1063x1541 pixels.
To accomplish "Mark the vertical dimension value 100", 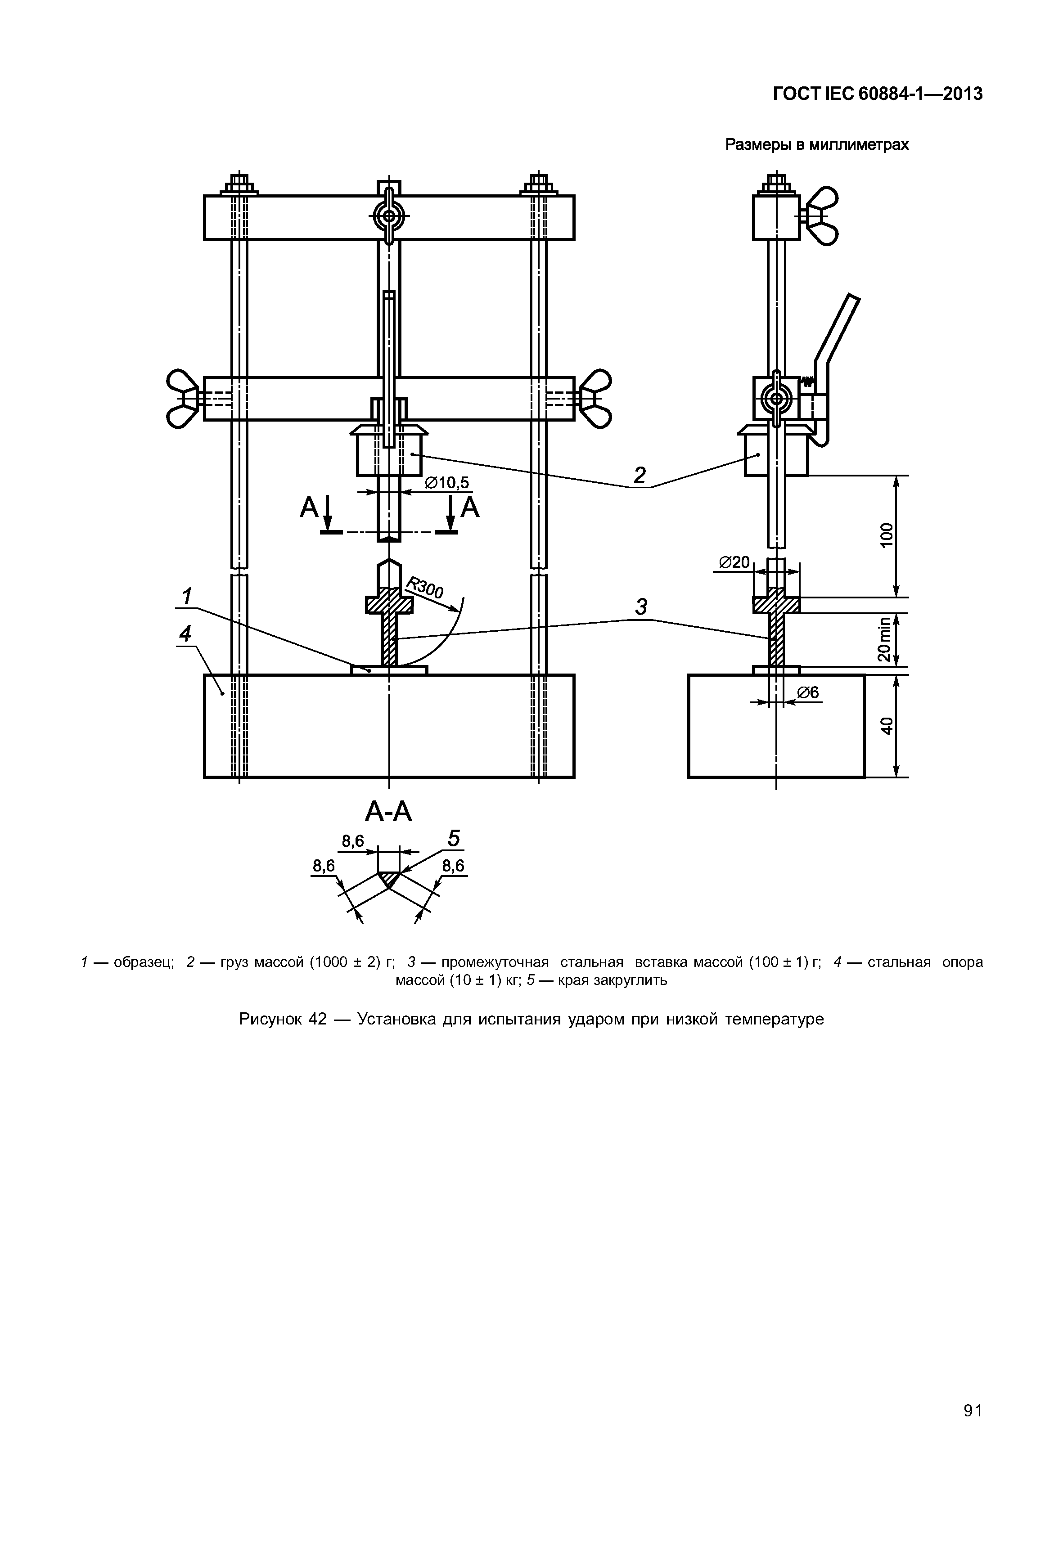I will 886,535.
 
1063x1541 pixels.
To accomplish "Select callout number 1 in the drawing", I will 187,596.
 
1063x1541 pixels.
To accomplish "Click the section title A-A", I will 389,813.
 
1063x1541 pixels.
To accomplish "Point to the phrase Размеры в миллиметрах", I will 816,144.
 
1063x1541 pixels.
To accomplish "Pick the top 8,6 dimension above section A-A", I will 353,841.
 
